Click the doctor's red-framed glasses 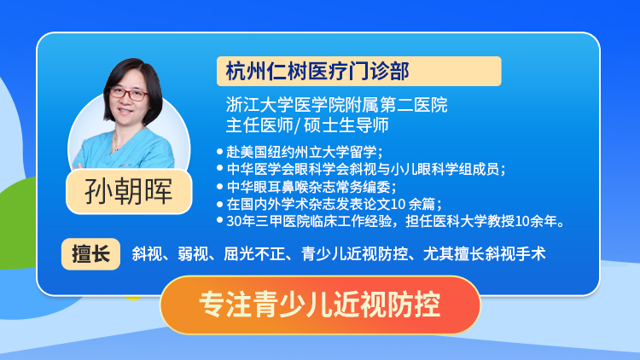coord(129,95)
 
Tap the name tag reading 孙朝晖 coord(129,191)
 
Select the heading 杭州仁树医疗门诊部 coord(317,72)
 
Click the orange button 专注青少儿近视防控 coord(320,305)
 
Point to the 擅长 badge coord(90,254)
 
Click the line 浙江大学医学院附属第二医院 coord(337,105)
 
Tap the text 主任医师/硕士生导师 coord(307,125)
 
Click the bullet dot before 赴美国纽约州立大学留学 coord(219,152)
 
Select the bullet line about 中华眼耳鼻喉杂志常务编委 coord(311,187)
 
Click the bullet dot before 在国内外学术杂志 coord(219,203)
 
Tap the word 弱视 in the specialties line coord(193,254)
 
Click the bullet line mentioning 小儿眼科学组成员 coord(366,169)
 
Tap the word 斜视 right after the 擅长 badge coord(147,254)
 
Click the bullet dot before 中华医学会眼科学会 coord(219,168)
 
